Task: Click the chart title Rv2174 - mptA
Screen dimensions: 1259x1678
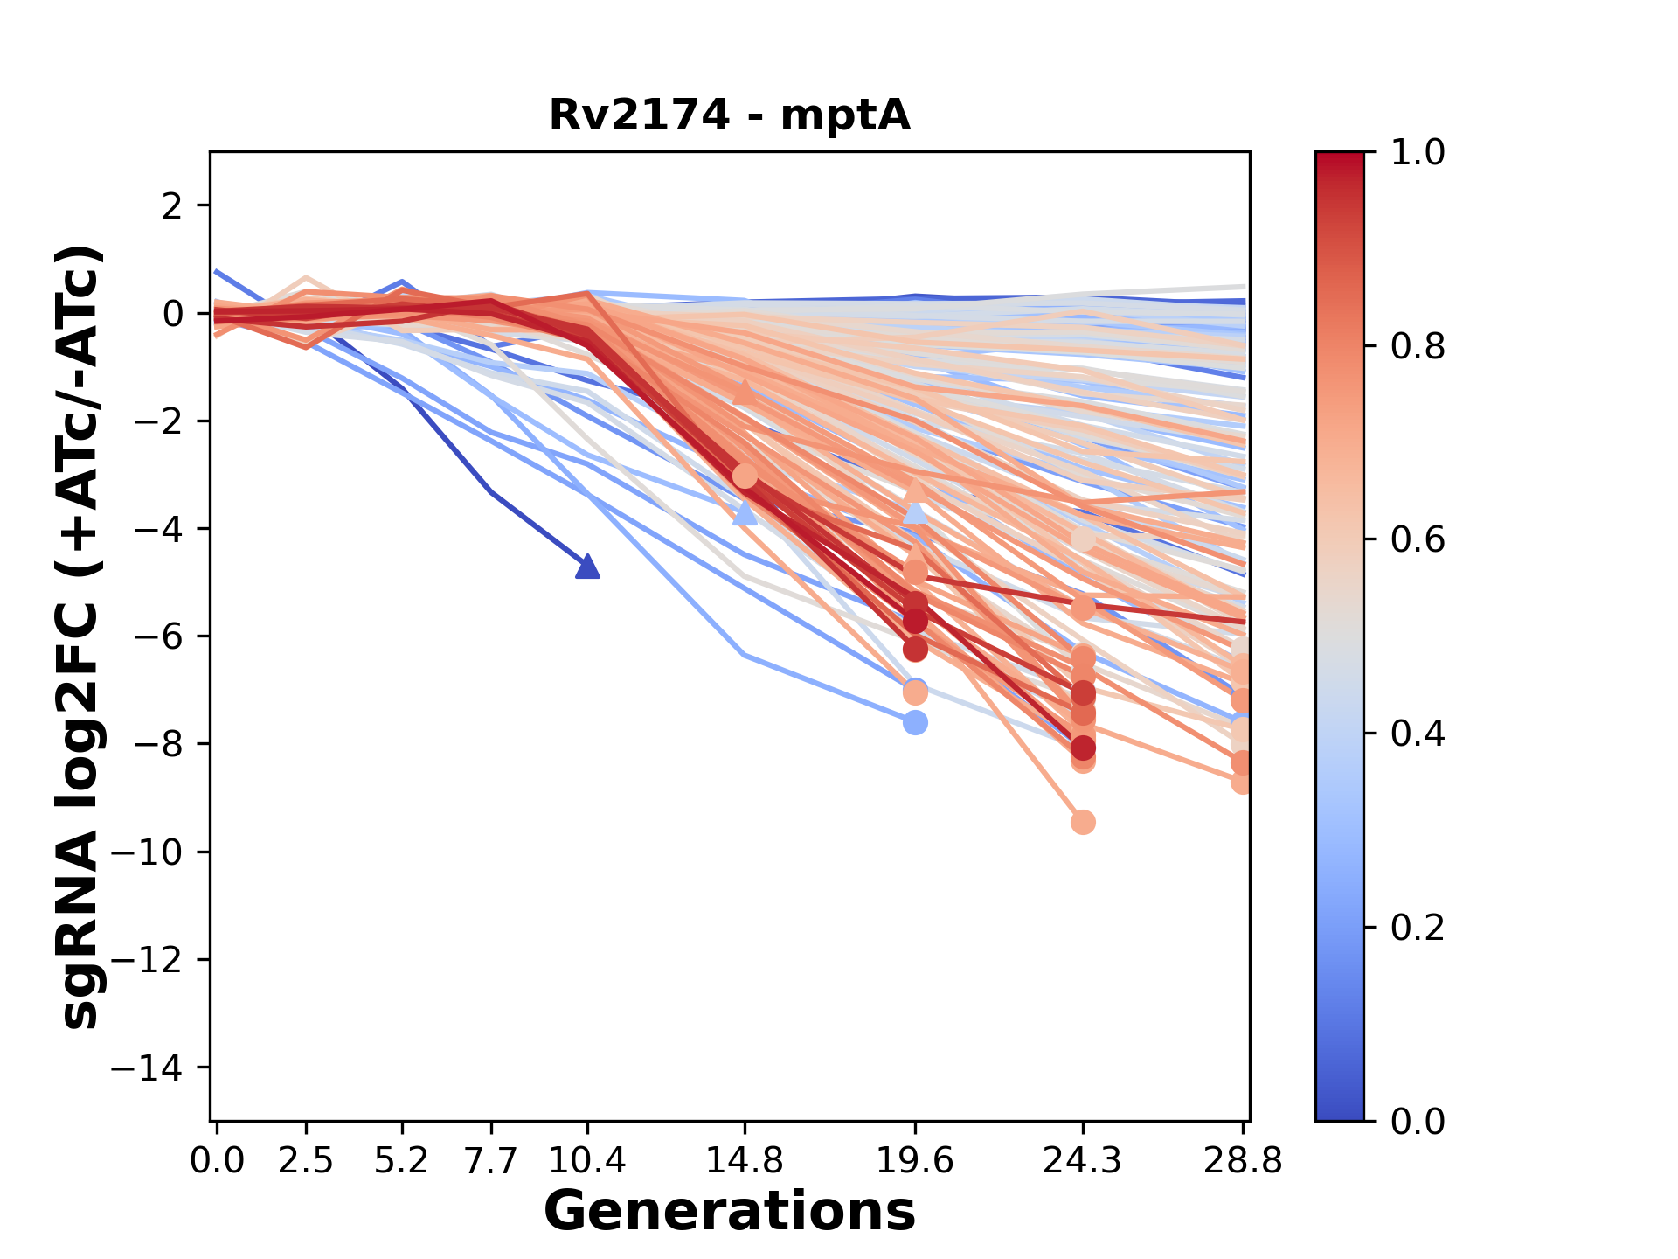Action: click(730, 115)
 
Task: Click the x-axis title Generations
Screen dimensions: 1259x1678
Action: click(730, 1212)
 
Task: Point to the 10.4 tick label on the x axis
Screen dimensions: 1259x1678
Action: click(587, 1161)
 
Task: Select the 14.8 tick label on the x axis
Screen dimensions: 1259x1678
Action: click(745, 1161)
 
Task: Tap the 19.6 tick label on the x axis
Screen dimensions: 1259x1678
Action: click(915, 1161)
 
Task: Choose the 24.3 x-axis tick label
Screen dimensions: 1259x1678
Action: click(1083, 1161)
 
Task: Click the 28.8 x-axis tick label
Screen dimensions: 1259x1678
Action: click(1243, 1161)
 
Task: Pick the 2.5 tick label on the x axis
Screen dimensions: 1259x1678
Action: click(306, 1161)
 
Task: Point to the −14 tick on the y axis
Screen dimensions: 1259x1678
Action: click(146, 1068)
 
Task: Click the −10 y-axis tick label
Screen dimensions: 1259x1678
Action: click(146, 852)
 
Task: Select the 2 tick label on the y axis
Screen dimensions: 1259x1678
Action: click(172, 206)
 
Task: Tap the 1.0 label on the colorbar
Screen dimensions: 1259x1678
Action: click(1418, 153)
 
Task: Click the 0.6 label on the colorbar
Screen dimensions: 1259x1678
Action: click(1418, 540)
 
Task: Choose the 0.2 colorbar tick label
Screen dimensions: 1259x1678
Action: click(1418, 928)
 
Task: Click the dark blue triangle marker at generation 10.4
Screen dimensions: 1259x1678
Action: click(587, 567)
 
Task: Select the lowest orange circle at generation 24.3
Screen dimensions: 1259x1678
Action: click(1083, 822)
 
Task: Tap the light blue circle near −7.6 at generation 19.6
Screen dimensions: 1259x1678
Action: click(915, 723)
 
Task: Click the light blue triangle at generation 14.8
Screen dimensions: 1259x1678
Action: click(745, 514)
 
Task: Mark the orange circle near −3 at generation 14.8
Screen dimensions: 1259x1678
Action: click(745, 476)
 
